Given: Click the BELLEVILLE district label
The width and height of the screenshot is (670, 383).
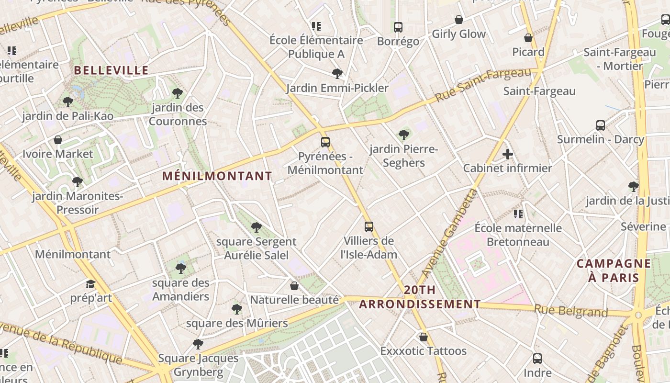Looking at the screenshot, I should point(111,70).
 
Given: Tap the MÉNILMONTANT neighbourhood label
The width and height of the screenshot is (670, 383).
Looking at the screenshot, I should point(217,176).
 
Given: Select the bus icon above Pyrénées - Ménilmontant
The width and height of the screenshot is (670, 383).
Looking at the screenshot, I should point(325,142).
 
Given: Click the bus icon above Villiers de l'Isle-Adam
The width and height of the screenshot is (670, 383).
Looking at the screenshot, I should point(368,226).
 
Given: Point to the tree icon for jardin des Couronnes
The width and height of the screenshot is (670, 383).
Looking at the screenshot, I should point(178,93).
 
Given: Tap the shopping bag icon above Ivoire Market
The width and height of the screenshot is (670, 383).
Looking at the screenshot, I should point(58,140).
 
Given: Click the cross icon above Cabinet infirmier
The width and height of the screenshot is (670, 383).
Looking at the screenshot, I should point(508,154).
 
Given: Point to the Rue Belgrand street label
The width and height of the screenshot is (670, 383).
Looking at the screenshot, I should point(570,311).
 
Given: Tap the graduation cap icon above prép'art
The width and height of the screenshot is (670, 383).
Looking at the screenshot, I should point(90,284).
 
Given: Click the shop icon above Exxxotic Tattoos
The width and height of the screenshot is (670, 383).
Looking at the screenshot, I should point(423,337).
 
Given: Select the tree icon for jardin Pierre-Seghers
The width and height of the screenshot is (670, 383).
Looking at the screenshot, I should point(404,135).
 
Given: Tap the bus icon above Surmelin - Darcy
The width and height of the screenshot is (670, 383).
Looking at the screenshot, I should point(601,125).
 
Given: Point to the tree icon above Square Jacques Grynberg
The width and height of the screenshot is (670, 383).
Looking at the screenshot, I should point(198,344).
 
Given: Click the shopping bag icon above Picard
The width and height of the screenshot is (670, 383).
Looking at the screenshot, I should point(528,38).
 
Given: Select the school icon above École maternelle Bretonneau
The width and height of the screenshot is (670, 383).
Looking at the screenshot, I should point(518,214).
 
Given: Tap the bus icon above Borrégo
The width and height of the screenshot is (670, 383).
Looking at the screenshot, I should point(398,27).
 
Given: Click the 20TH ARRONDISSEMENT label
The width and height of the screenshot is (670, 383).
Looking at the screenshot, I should point(420,297).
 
